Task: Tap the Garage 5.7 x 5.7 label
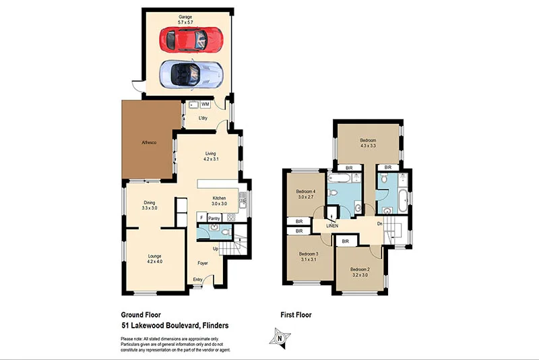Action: coord(186,19)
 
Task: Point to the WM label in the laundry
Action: coord(205,105)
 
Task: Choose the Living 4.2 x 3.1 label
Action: coord(210,157)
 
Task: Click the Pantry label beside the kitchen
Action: coord(214,218)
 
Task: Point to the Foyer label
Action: coord(203,263)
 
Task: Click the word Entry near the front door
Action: coord(197,280)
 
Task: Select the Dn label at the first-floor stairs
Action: coord(380,224)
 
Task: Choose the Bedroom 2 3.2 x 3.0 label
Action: coord(359,272)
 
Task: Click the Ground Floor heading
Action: coord(140,315)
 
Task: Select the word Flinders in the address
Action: coord(212,326)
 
